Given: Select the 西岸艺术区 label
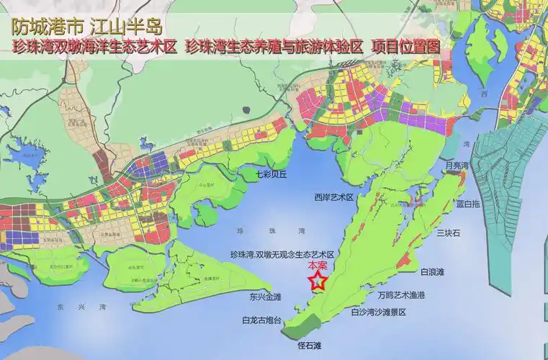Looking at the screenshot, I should point(333,197).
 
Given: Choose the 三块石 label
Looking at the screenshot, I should point(448,233).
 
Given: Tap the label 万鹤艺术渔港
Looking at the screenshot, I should point(401,295).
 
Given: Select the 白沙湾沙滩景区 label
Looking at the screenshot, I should point(379,312).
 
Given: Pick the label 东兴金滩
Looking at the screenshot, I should point(266,296).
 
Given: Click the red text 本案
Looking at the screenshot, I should point(318,266).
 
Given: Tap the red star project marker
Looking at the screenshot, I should point(316,282).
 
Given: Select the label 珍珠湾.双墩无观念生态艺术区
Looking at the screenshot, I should point(282,255).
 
